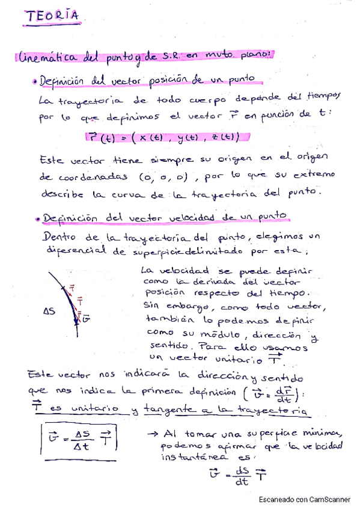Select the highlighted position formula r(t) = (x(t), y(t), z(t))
coord(162,138)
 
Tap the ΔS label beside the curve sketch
coord(51,312)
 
